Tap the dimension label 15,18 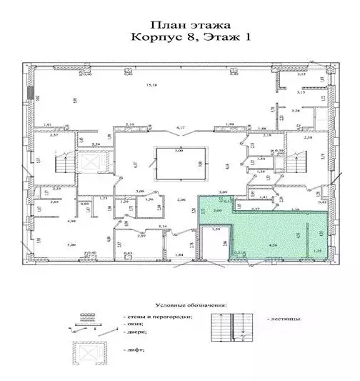point(151,86)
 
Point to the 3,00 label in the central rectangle point(179,152)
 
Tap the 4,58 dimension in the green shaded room point(273,245)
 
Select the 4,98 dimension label point(71,222)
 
